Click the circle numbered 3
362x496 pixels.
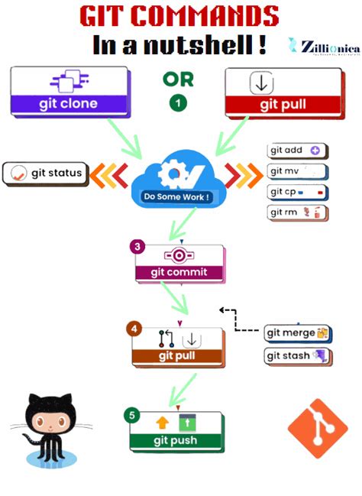(x=137, y=247)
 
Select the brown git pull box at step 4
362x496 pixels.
(x=176, y=346)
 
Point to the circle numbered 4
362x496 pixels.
(x=134, y=329)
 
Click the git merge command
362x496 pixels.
(x=296, y=333)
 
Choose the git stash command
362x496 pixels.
(x=296, y=355)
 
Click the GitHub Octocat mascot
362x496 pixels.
(x=50, y=427)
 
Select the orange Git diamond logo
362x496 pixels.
(x=317, y=429)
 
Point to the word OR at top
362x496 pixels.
(x=178, y=79)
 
